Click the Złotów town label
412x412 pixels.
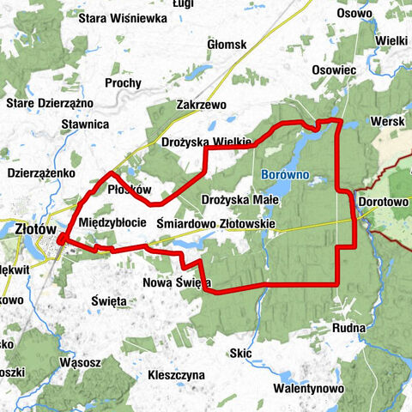35,229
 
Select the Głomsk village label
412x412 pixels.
227,45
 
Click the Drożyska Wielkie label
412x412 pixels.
206,142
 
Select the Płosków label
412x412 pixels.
130,190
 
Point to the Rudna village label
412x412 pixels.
351,328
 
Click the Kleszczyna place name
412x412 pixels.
176,375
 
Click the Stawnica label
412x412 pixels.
85,124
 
